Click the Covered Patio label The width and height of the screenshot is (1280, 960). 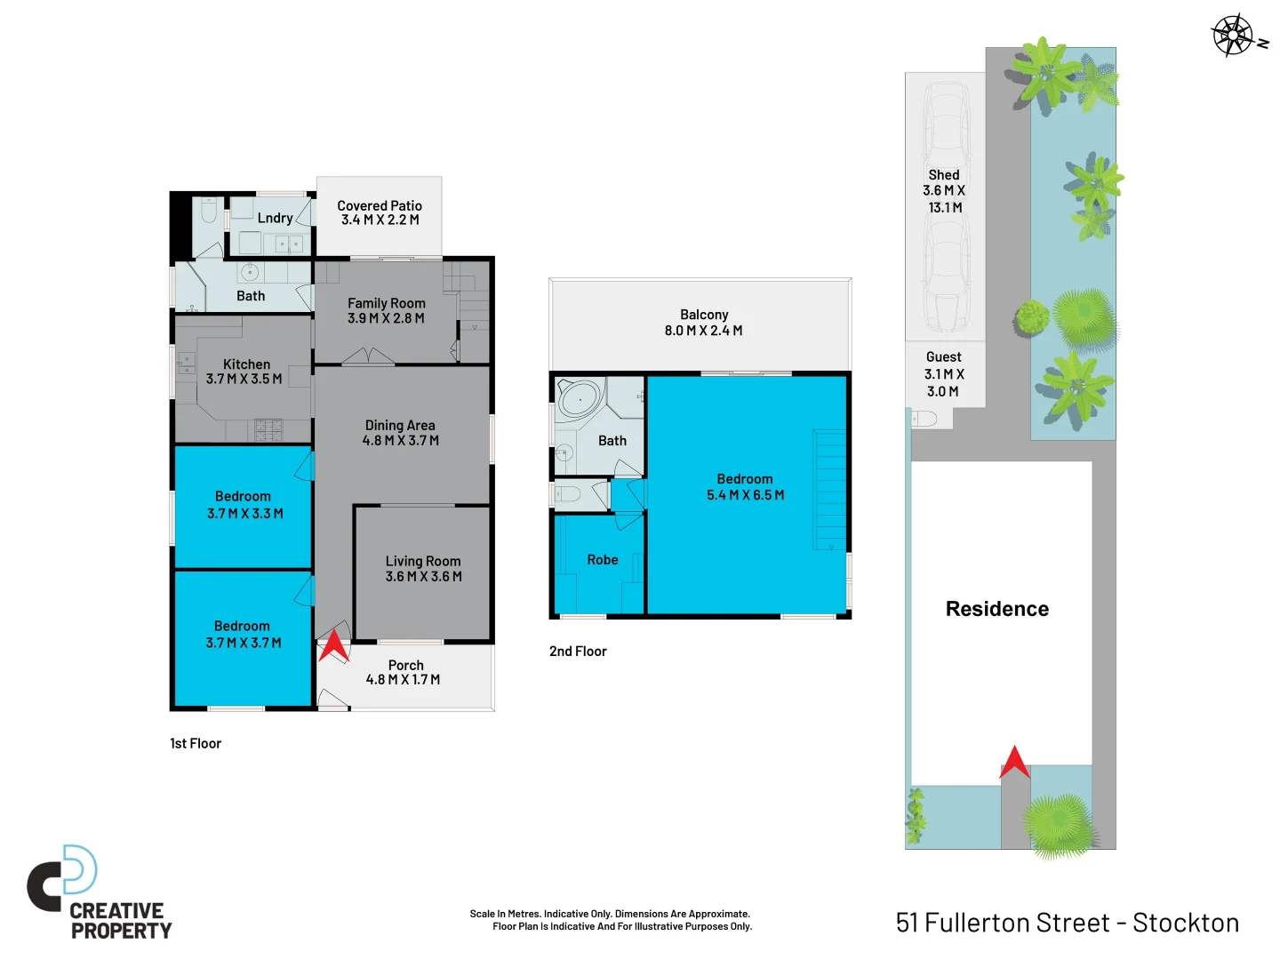[380, 206]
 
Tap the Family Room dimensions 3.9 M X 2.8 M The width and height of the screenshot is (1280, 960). [386, 318]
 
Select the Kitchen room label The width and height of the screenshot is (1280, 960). [246, 364]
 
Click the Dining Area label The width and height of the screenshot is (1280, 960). [400, 426]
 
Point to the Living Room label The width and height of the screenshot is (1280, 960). [423, 562]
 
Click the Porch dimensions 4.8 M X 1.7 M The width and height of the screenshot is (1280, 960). [403, 680]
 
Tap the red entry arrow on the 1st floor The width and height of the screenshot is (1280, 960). [333, 646]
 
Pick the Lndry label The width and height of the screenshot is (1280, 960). [275, 219]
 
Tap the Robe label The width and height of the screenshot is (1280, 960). [602, 560]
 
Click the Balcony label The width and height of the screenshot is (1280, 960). [704, 315]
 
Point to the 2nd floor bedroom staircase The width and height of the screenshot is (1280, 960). [829, 489]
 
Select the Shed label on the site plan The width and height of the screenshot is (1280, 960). [943, 175]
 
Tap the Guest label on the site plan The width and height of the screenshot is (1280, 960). [943, 357]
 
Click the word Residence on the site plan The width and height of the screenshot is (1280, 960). [996, 609]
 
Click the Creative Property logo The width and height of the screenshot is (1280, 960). [98, 893]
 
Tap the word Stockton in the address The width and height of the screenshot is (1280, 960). [1185, 923]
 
